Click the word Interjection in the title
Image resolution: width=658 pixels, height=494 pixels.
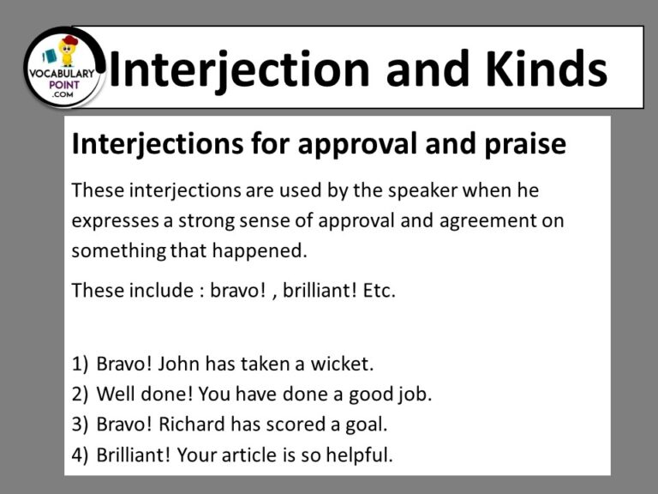click(242, 69)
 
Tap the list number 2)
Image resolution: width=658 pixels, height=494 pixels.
click(80, 395)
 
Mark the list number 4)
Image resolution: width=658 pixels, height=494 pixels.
click(80, 455)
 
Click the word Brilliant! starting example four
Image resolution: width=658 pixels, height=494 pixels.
click(133, 455)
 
